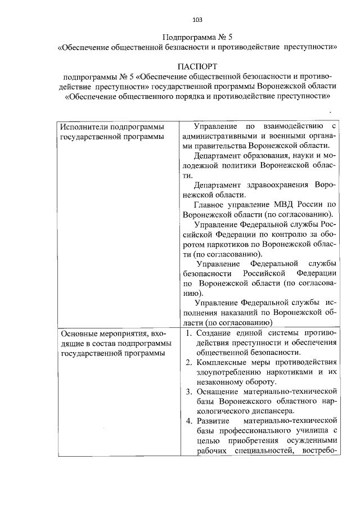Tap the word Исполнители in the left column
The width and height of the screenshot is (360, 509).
pyautogui.click(x=84, y=126)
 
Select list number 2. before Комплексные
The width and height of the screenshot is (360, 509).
pyautogui.click(x=189, y=361)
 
